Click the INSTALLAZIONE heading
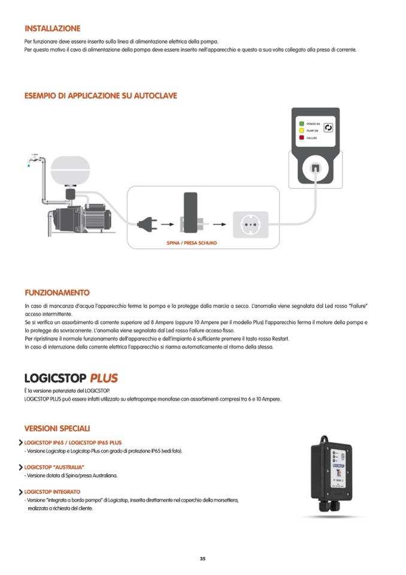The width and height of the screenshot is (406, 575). (x=52, y=28)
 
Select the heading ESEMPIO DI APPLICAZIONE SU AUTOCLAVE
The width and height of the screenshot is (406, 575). (x=101, y=95)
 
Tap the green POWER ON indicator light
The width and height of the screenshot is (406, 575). (x=302, y=124)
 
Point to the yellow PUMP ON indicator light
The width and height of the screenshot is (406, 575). (x=302, y=130)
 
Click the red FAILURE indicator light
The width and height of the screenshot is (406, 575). (x=302, y=137)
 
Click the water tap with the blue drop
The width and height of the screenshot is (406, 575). (x=32, y=159)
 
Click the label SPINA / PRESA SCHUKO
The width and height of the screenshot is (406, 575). (x=191, y=243)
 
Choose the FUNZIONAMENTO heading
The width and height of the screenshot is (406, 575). (x=57, y=293)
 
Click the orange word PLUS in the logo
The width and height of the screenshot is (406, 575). (x=104, y=378)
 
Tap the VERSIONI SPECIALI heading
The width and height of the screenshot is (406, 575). (x=57, y=428)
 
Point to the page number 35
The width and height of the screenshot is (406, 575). (x=202, y=559)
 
